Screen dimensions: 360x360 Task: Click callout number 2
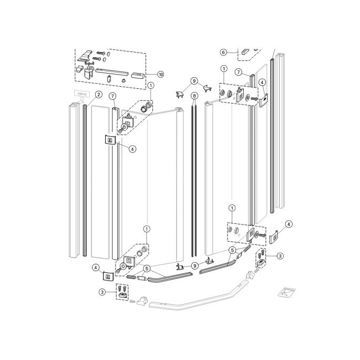point(98,95)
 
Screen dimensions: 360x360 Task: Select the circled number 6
point(223,53)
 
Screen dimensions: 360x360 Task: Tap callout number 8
point(194,96)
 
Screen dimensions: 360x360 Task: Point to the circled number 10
point(160,75)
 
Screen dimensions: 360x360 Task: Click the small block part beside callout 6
point(245,52)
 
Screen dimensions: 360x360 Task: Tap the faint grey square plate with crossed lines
point(287,292)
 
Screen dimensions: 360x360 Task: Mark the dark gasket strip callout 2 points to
point(84,179)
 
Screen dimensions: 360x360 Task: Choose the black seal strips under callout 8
point(194,179)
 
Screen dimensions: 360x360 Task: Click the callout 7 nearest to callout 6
point(238,71)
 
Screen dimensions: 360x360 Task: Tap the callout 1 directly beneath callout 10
point(151,85)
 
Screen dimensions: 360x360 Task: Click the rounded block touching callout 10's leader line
point(138,75)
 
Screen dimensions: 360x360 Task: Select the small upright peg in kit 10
point(108,79)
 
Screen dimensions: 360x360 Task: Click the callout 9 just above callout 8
point(194,81)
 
